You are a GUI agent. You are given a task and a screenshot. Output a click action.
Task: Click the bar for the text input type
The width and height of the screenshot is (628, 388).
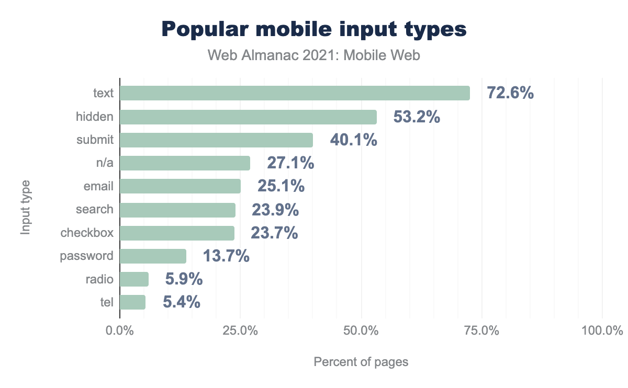(x=295, y=93)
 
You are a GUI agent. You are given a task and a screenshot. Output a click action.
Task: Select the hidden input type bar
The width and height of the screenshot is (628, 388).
(x=248, y=117)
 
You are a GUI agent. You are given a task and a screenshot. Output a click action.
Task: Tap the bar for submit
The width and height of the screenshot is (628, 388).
(x=216, y=140)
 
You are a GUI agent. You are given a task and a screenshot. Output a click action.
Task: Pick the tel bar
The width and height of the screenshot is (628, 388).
(x=132, y=302)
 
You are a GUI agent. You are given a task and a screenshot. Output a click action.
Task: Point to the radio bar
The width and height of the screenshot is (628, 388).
(x=134, y=279)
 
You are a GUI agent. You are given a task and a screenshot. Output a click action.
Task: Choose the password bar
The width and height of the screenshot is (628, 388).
(x=153, y=256)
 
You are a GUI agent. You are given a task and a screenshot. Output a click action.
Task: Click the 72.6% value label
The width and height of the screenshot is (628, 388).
(x=510, y=93)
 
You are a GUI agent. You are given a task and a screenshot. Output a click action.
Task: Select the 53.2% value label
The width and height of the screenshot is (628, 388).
(x=417, y=117)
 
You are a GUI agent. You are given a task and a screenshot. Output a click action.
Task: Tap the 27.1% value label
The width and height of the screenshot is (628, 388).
(x=290, y=163)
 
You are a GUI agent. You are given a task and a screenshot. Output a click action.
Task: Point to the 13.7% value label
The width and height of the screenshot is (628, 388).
(x=226, y=256)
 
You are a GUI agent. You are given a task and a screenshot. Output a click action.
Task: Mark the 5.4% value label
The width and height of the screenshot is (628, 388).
(x=182, y=302)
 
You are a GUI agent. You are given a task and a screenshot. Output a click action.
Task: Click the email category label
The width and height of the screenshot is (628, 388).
(x=98, y=186)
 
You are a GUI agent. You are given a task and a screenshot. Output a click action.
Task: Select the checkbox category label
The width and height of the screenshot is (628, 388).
(x=87, y=233)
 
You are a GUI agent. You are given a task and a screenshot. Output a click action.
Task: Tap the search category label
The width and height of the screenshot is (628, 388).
(x=94, y=209)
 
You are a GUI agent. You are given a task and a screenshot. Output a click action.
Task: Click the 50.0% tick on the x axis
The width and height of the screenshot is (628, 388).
(x=362, y=331)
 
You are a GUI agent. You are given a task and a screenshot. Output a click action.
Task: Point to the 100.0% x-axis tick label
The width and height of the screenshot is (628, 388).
(x=602, y=331)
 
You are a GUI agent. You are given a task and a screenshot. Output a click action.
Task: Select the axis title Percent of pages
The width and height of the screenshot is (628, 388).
(x=361, y=362)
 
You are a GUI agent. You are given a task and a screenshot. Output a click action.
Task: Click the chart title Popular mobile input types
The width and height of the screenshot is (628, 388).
(x=313, y=29)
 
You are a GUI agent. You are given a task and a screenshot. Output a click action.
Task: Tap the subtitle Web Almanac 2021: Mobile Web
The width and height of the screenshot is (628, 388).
(x=313, y=55)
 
